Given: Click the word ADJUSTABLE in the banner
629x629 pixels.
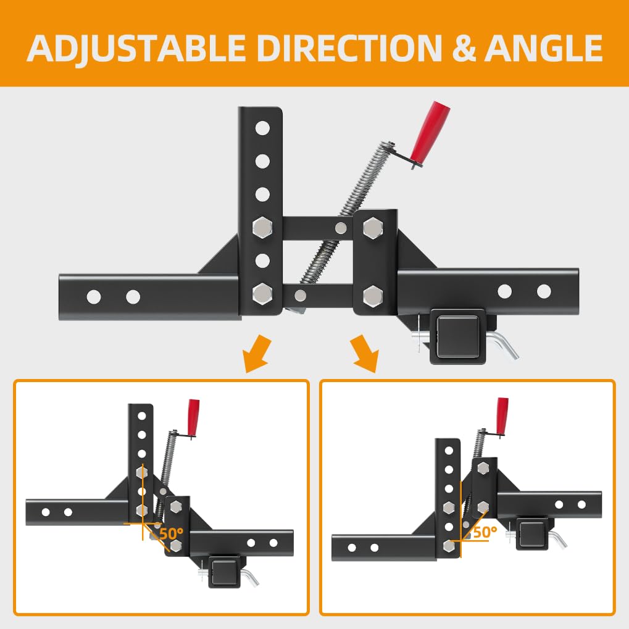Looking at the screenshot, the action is (x=136, y=49).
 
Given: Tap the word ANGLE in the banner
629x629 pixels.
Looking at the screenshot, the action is (x=544, y=48).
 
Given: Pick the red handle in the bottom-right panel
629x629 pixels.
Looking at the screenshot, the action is (x=502, y=416).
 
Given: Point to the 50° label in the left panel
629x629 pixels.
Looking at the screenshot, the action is (x=171, y=533).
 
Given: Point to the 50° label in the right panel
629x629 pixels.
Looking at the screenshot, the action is (x=485, y=532).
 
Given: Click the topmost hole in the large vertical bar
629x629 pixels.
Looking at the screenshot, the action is (x=262, y=128).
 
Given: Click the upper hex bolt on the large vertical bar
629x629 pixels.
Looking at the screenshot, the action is (x=263, y=227).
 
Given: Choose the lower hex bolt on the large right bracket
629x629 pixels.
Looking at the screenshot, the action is (x=373, y=296).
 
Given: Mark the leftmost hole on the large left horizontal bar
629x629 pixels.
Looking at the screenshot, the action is (x=94, y=298).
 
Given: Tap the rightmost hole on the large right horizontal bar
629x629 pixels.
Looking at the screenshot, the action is (x=544, y=291).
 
